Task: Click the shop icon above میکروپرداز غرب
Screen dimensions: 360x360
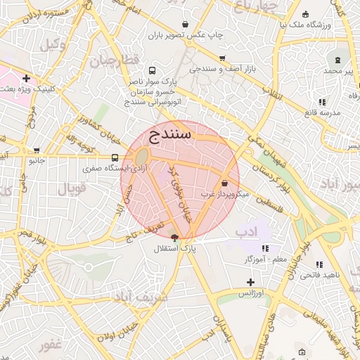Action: (x=224, y=183)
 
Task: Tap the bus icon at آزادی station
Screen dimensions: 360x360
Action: (x=115, y=157)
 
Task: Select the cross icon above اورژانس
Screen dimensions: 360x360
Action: (x=250, y=281)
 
